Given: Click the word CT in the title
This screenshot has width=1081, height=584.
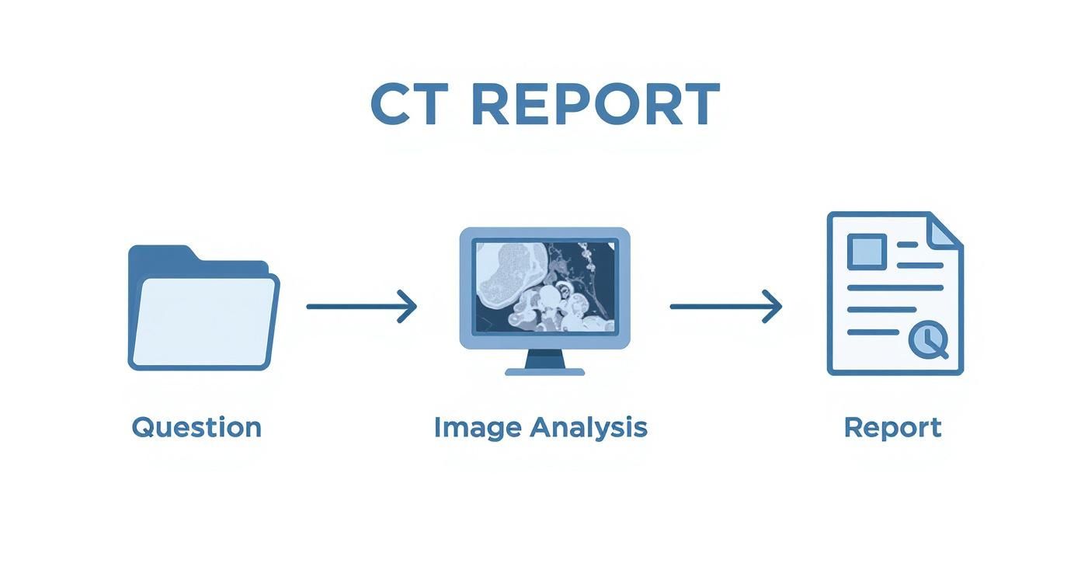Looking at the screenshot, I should tap(408, 104).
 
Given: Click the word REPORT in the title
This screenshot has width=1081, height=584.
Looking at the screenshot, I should tap(595, 104).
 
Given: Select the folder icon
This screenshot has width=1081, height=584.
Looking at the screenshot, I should tap(203, 311).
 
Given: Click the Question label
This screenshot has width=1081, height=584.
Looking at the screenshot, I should tap(196, 427).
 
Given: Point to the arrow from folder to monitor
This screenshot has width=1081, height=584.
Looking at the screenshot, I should tap(361, 306).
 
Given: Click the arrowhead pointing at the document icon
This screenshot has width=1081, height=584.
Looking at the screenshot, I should tap(771, 306).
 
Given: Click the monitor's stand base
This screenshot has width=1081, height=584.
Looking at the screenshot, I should tap(544, 372).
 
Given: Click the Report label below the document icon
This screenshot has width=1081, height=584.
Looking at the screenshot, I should tap(893, 427).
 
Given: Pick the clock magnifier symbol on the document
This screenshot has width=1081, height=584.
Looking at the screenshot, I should tap(928, 340).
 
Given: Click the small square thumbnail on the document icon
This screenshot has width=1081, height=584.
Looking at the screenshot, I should tap(867, 250).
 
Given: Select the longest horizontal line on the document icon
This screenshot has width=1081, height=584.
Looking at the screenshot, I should tap(895, 287).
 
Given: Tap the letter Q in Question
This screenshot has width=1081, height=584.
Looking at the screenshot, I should tap(143, 427).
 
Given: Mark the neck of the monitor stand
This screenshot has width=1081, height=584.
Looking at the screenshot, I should tap(544, 358).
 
